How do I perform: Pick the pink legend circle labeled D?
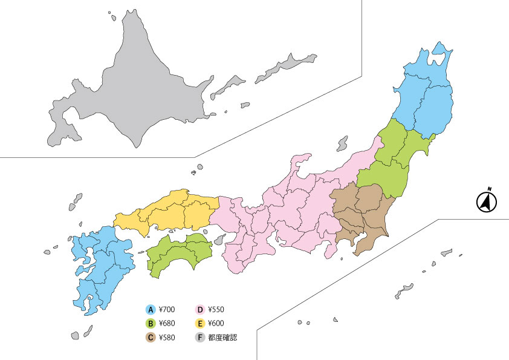click(x=201, y=310)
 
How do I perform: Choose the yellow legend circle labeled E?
click(x=201, y=324)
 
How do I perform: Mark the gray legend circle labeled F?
click(x=201, y=338)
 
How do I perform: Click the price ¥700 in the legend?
click(x=166, y=310)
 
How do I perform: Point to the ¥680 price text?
click(x=166, y=324)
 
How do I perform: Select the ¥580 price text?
click(x=166, y=338)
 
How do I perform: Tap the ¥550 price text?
click(x=216, y=310)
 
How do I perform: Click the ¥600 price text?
click(x=216, y=324)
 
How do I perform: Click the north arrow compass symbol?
click(x=486, y=201)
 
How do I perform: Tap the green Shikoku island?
click(x=175, y=254)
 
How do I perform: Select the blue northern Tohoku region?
click(x=426, y=97)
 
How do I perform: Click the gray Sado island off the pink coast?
click(x=343, y=144)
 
